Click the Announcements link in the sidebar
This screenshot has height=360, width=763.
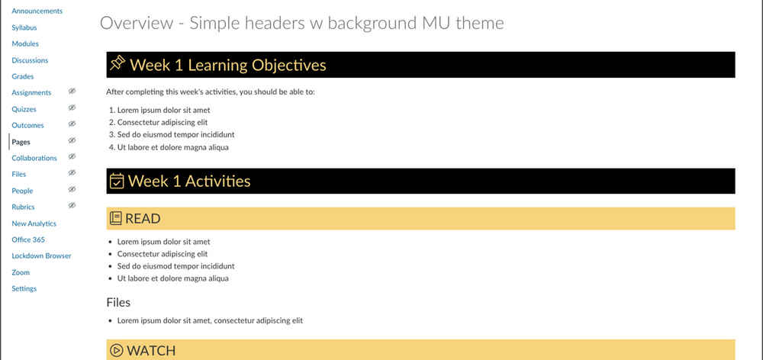(37, 11)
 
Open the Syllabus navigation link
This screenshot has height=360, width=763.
(24, 27)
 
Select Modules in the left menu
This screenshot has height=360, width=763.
(25, 43)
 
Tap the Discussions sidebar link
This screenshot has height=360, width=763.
(30, 60)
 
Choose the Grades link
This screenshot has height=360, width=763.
(22, 76)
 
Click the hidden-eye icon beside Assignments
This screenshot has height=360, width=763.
(72, 92)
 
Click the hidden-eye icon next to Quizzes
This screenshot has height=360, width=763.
(72, 108)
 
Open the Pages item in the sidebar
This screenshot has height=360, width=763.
(21, 142)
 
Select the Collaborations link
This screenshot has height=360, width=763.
(34, 158)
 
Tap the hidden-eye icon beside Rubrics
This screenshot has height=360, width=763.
(72, 206)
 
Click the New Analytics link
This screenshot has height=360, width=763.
(34, 223)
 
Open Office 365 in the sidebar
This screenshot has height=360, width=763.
(28, 239)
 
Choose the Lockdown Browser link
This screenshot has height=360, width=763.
(41, 256)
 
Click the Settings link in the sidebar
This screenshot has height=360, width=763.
(24, 288)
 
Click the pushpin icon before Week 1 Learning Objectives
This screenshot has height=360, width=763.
(118, 64)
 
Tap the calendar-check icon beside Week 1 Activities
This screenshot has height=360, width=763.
(117, 181)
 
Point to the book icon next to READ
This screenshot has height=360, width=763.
(116, 218)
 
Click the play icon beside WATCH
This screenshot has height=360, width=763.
(116, 351)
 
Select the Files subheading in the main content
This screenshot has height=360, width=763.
(118, 303)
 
